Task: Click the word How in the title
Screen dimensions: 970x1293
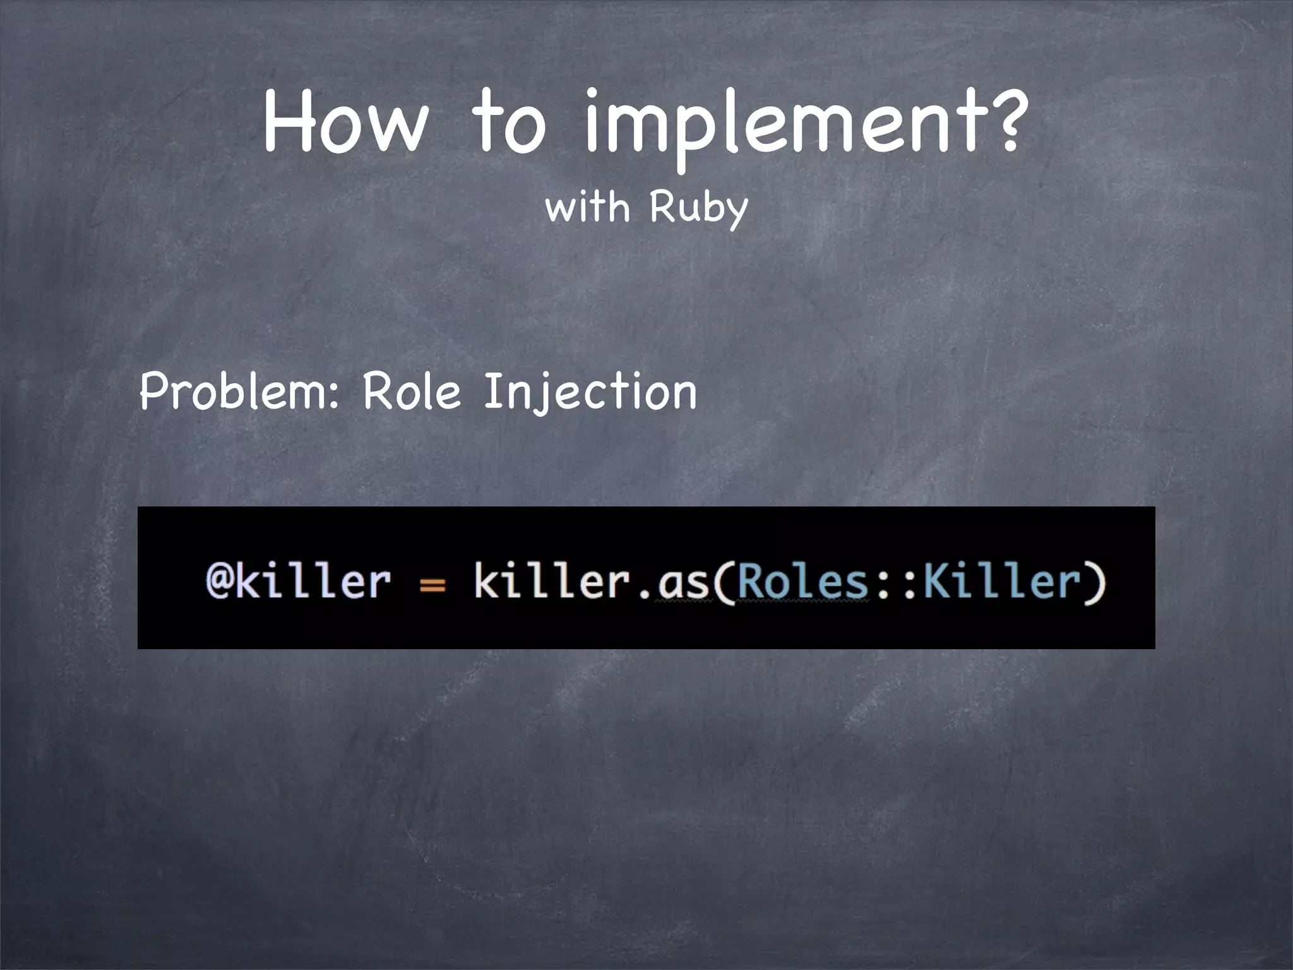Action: tap(345, 121)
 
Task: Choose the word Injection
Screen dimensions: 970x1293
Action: tap(590, 392)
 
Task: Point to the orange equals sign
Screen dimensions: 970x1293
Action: tap(432, 585)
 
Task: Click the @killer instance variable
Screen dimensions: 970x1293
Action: tap(298, 580)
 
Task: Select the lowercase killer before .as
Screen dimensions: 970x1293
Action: tap(552, 580)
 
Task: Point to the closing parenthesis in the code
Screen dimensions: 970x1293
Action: tap(1097, 583)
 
